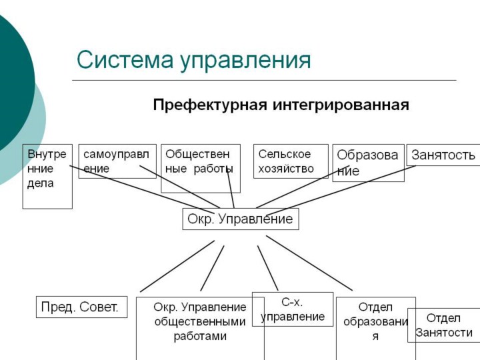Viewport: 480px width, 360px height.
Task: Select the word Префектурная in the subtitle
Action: click(209, 105)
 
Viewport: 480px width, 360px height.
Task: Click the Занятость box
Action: click(443, 155)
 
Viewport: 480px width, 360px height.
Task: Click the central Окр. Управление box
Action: click(240, 219)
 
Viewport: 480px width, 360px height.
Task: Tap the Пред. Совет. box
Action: click(81, 307)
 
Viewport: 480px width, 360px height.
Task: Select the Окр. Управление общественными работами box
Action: click(200, 323)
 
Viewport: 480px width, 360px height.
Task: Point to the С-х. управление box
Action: click(293, 309)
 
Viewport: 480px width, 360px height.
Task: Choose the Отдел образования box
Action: click(375, 323)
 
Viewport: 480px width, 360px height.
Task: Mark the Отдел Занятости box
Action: click(444, 325)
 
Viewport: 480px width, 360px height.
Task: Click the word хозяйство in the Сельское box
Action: click(286, 169)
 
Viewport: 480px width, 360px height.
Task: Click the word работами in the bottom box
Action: click(200, 337)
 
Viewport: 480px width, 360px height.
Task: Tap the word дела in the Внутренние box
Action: click(40, 183)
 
